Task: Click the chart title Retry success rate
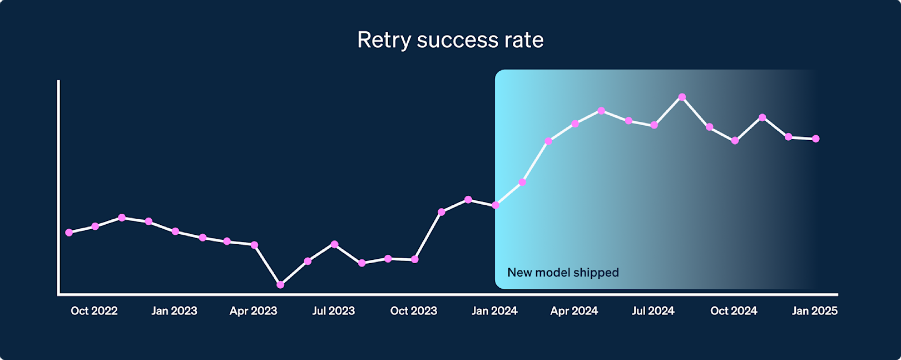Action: point(450,40)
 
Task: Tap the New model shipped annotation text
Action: point(563,273)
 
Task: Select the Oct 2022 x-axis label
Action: point(94,311)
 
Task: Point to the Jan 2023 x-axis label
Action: point(174,311)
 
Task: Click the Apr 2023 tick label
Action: point(253,311)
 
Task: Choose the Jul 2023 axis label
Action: point(333,311)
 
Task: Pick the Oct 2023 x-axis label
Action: point(413,311)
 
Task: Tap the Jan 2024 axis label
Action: point(494,311)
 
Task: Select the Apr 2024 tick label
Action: point(574,311)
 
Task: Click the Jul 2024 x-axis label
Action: point(653,311)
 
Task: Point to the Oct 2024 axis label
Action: point(734,311)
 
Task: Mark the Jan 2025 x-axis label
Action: point(814,311)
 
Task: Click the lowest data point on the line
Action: point(280,285)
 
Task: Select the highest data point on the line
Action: point(682,97)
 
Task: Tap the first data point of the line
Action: point(69,233)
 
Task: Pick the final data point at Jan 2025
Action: point(816,139)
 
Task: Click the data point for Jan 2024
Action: point(496,205)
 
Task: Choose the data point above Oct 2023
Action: point(414,259)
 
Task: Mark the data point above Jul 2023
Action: point(334,244)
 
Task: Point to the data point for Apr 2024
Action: point(575,124)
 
